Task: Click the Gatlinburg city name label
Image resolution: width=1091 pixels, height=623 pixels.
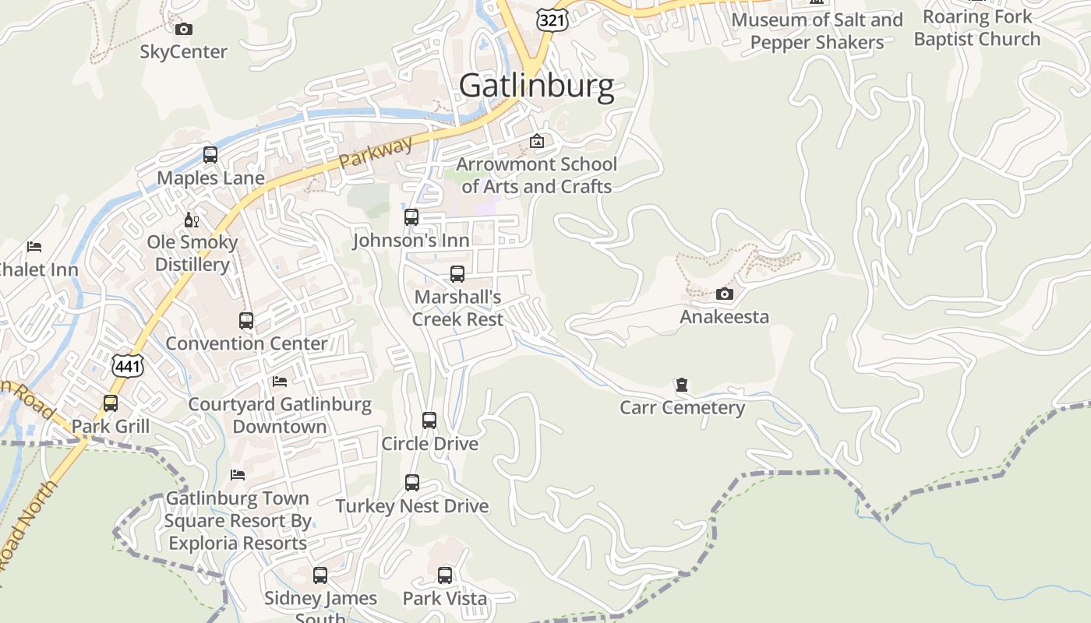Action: coord(536,86)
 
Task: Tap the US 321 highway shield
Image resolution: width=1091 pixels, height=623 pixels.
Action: coord(553,19)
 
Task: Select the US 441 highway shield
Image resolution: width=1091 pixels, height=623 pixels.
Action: coord(126,364)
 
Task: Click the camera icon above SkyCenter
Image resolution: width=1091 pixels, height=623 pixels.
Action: coord(184,30)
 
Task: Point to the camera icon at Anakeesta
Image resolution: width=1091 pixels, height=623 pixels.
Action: coord(725,294)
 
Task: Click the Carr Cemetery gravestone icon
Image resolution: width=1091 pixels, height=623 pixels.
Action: coord(682,385)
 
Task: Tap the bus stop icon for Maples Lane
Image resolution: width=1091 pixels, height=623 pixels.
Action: coord(210,154)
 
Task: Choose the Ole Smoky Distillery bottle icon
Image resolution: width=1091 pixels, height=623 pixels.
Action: coord(192,220)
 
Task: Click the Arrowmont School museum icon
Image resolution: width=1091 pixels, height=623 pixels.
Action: coord(536,141)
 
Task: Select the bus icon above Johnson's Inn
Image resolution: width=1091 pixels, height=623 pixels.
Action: coord(411,217)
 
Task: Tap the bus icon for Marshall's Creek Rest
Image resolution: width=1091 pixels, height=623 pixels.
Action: coord(457,274)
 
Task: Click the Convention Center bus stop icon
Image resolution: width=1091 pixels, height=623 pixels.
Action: coord(246,320)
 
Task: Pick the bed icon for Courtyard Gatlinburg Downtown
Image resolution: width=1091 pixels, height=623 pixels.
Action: coord(280,382)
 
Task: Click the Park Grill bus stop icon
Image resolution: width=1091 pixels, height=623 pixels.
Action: coord(111,403)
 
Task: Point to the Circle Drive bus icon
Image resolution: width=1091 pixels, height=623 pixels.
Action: coord(429,421)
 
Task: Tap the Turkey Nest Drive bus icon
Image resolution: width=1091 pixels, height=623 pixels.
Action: coord(412,483)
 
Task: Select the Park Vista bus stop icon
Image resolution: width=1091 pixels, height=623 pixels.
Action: coord(445,575)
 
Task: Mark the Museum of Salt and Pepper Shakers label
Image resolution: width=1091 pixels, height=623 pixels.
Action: coord(817,31)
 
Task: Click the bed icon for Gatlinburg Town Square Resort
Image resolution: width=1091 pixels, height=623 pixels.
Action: coord(238,475)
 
